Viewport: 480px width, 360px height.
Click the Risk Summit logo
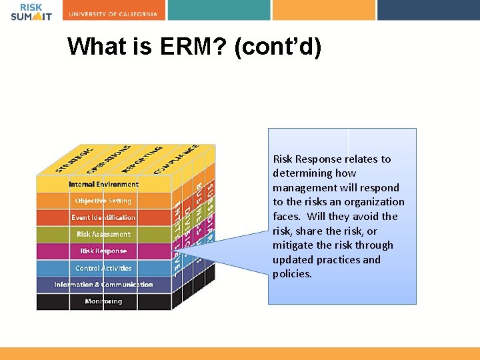pos(31,11)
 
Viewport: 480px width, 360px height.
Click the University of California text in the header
pos(113,13)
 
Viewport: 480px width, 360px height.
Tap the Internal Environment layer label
pos(103,184)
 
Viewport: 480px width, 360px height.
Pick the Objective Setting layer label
pos(103,201)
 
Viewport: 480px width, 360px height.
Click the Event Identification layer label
pos(103,217)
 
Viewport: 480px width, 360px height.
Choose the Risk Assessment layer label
pos(103,234)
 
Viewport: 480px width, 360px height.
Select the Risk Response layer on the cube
pos(103,251)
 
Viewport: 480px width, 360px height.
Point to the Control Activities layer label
pos(103,268)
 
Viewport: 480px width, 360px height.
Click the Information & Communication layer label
pos(103,285)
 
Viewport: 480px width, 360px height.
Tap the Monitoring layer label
pos(103,301)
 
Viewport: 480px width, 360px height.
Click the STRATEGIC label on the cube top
pos(75,159)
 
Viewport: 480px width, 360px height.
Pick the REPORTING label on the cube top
pos(142,159)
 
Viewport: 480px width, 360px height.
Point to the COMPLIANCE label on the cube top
pos(176,159)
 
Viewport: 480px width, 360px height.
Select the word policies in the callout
pos(291,274)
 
